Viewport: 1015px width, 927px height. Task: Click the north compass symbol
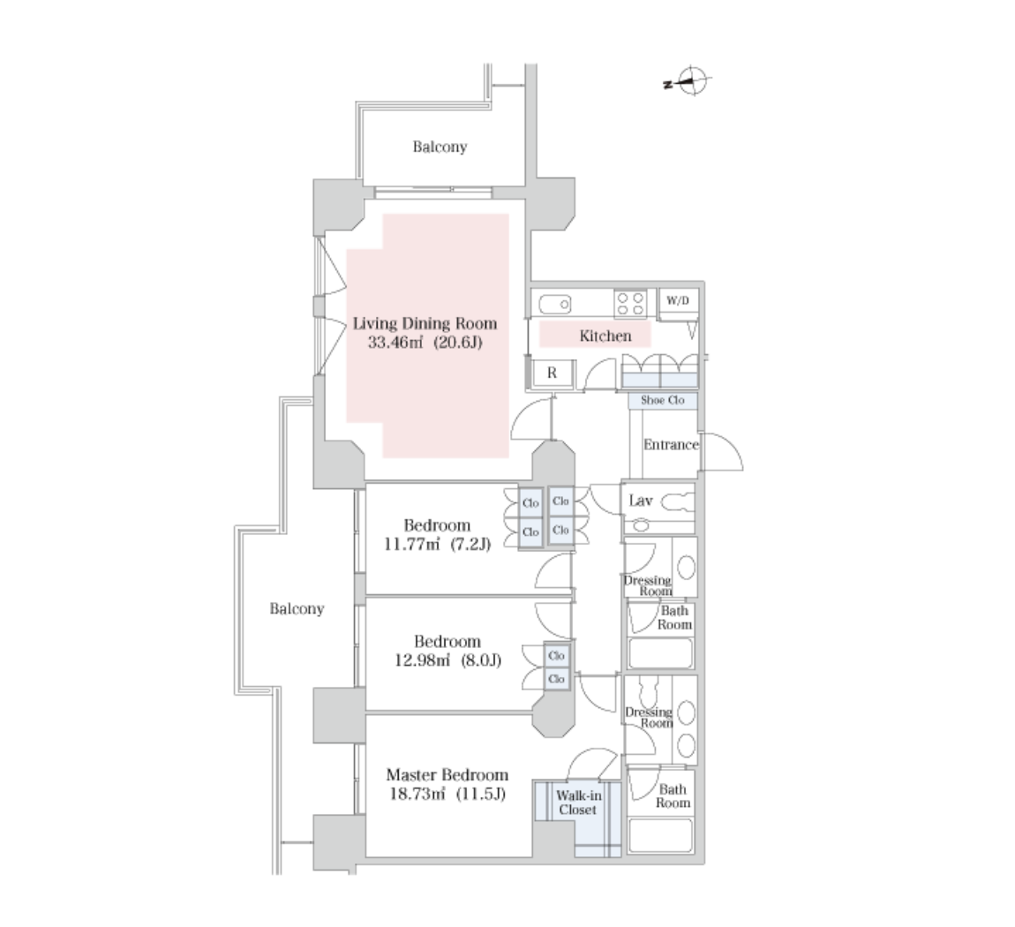[x=690, y=81]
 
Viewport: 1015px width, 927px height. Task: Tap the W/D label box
[x=678, y=300]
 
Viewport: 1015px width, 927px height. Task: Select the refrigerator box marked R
[x=552, y=373]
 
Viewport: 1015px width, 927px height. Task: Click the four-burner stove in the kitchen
[x=630, y=305]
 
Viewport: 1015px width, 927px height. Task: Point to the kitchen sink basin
[x=554, y=304]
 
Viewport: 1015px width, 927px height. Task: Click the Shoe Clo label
[x=662, y=400]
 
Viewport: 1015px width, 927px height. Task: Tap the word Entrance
[x=671, y=445]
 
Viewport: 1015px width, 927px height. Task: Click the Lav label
[x=640, y=501]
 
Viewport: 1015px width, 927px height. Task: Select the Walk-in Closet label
[x=578, y=803]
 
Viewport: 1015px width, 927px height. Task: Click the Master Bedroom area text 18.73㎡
[x=417, y=794]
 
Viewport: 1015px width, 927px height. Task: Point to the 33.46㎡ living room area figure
[x=395, y=342]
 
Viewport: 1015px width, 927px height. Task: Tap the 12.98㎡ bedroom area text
[x=422, y=660]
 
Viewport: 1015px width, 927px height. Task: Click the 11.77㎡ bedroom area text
[x=411, y=544]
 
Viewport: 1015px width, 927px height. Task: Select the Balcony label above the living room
[x=440, y=147]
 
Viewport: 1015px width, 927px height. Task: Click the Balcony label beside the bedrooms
[x=297, y=608]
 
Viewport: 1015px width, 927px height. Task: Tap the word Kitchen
[x=605, y=336]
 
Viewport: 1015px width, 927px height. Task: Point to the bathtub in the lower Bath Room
[x=659, y=836]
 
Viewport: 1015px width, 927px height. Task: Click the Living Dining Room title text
[x=425, y=324]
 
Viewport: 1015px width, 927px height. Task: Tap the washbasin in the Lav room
[x=641, y=525]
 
